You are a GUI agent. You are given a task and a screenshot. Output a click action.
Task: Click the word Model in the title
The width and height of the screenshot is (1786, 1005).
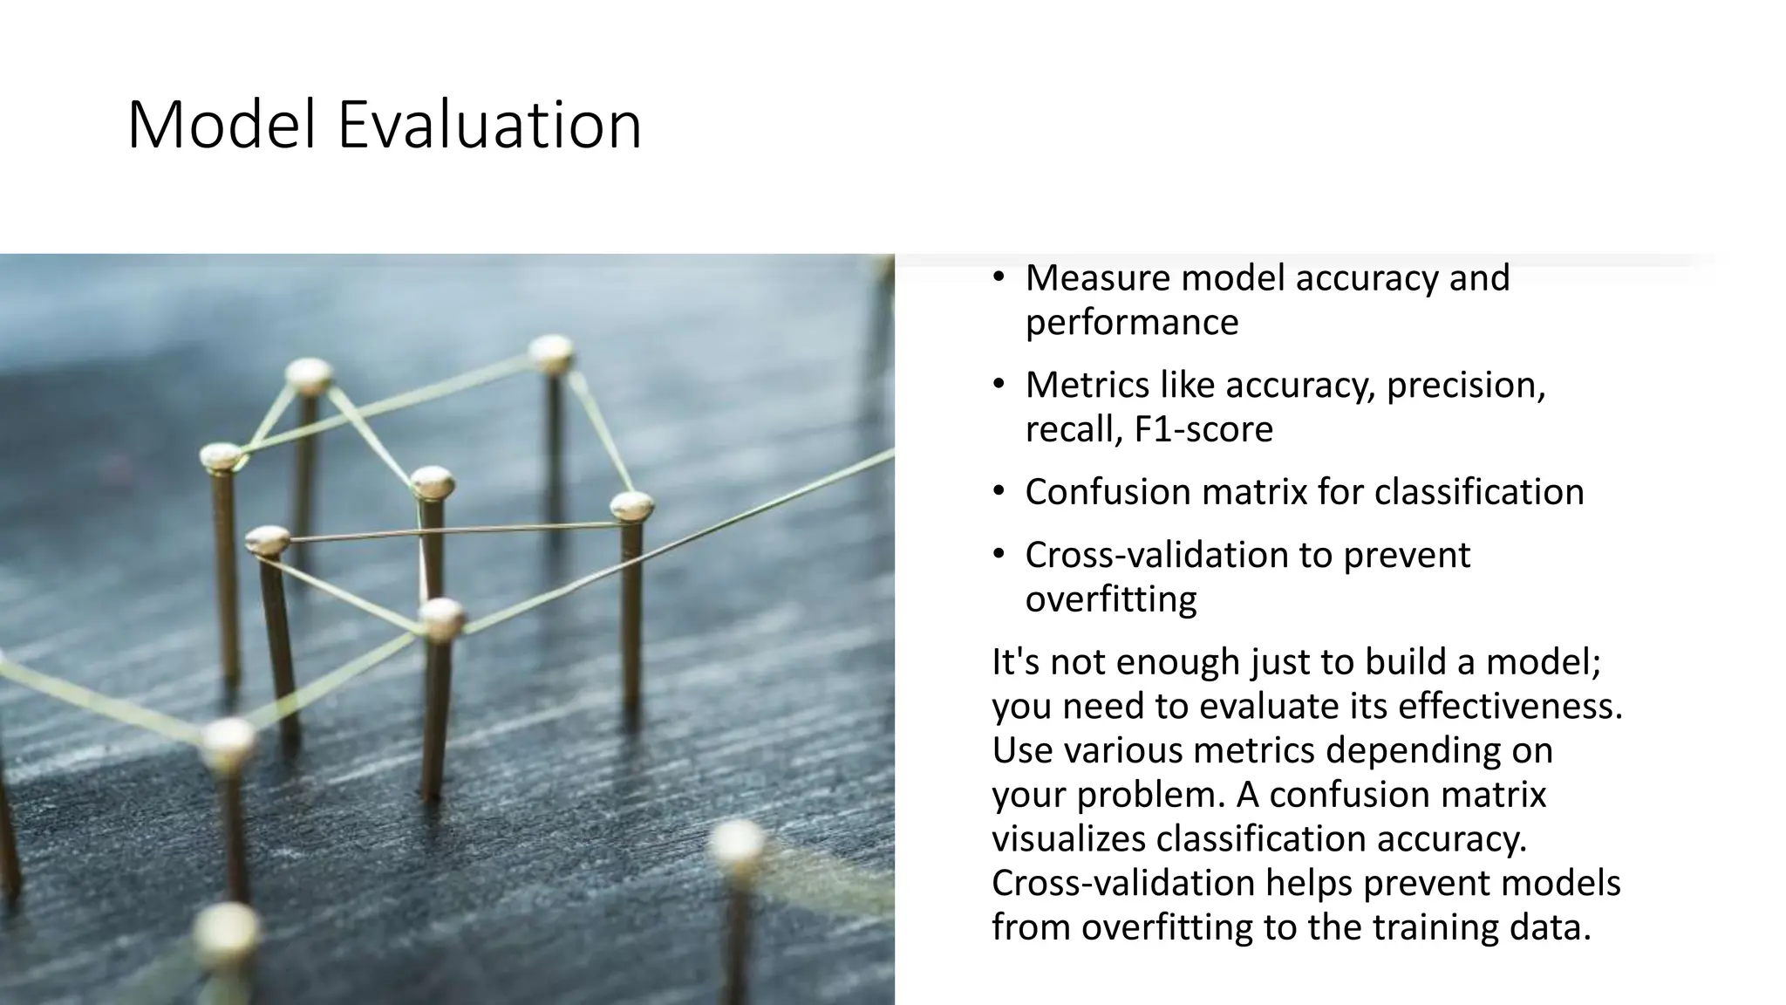coord(222,125)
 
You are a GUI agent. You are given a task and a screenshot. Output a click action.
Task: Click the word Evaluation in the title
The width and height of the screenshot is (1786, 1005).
coord(489,125)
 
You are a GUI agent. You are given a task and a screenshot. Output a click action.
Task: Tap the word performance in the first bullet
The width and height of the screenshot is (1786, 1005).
coord(1131,323)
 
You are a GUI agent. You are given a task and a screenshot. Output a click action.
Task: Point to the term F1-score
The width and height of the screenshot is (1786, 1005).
coord(1204,429)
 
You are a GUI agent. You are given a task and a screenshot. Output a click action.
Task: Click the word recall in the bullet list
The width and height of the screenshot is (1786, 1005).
coord(1068,429)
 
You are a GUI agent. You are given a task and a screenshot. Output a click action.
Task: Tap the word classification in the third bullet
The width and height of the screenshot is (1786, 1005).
coord(1479,492)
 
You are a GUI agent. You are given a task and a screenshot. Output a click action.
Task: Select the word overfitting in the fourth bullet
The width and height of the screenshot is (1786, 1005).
coord(1111,599)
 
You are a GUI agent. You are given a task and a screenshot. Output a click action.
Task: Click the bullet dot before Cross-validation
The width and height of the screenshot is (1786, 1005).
coord(999,555)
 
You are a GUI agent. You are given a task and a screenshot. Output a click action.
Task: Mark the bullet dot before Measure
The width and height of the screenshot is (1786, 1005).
coord(999,277)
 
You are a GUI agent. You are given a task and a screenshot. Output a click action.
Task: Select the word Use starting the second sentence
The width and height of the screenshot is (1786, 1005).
coord(1022,750)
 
